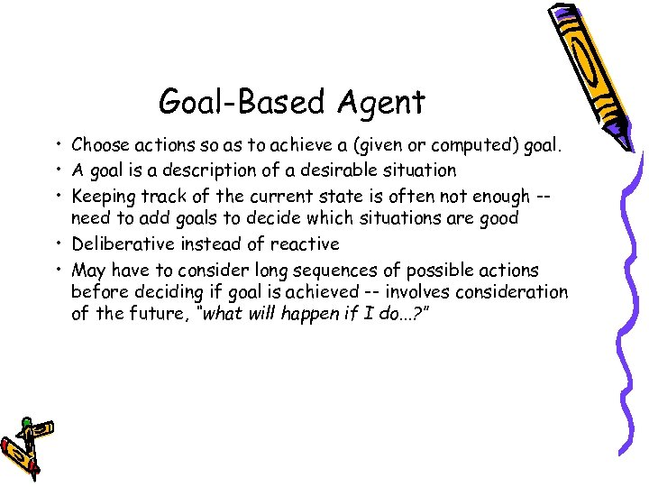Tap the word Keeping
tap(103, 195)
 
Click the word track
tap(159, 195)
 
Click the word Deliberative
tap(118, 243)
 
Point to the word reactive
tap(306, 243)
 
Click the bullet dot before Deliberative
tap(57, 244)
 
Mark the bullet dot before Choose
tap(57, 145)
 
